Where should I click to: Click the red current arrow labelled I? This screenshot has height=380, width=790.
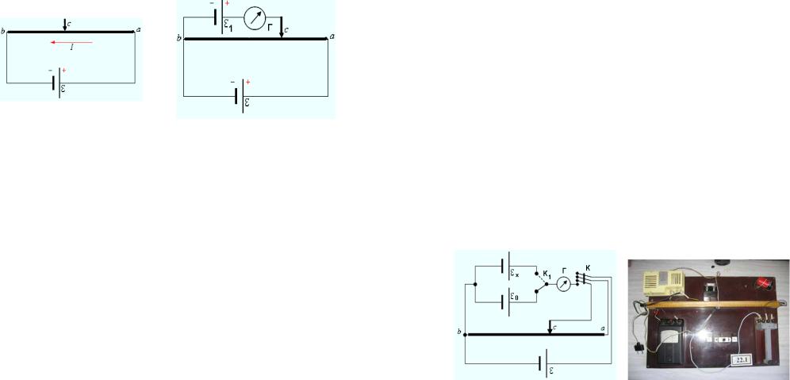click(x=71, y=42)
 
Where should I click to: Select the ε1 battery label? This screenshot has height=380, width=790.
click(x=227, y=25)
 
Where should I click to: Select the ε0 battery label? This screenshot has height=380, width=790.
click(x=516, y=298)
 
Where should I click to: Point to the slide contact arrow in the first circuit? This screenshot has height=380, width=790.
click(x=64, y=25)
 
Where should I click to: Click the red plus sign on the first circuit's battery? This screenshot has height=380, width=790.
click(x=63, y=71)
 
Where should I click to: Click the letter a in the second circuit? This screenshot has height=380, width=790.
click(x=332, y=36)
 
